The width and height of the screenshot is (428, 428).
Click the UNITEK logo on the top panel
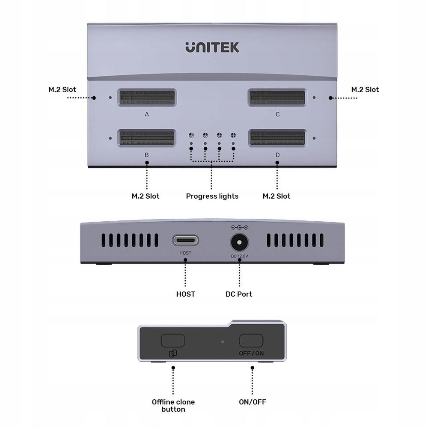212,47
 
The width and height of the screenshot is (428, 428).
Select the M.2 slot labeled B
147,139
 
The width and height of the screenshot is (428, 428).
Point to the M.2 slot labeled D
277,139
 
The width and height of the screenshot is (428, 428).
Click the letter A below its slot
147,114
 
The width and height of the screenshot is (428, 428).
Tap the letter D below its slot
277,155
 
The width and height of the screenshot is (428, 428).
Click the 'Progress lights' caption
212,196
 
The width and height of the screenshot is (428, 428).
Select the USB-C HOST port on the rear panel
185,241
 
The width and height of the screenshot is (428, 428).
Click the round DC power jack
239,243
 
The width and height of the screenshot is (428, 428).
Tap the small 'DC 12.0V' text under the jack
239,256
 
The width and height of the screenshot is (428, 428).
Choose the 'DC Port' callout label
239,294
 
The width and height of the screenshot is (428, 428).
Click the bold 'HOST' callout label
185,294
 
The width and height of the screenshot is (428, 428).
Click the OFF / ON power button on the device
252,341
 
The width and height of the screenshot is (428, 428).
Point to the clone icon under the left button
172,354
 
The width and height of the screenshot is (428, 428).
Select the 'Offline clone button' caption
173,405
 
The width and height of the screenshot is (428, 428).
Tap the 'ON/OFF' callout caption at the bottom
253,402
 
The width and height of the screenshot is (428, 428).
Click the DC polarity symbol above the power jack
239,227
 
